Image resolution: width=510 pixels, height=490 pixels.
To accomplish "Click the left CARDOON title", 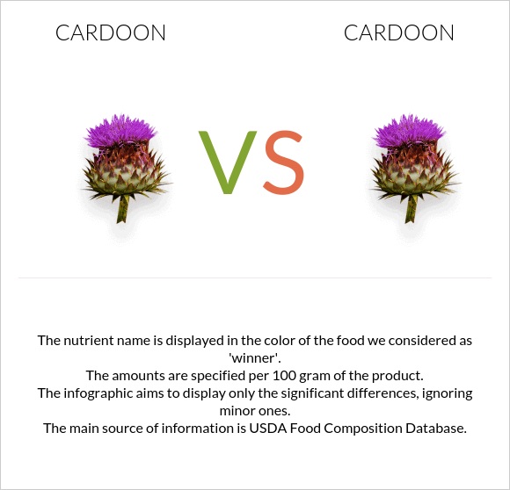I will [111, 33].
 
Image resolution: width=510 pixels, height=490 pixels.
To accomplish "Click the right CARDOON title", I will [399, 33].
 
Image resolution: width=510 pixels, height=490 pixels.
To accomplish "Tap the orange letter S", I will [284, 163].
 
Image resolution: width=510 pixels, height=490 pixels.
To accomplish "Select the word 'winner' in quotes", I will [254, 357].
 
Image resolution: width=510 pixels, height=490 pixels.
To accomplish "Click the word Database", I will [433, 429].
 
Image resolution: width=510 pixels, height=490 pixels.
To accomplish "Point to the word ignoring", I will [443, 393].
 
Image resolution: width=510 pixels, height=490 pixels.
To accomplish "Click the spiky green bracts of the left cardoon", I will [123, 176].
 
